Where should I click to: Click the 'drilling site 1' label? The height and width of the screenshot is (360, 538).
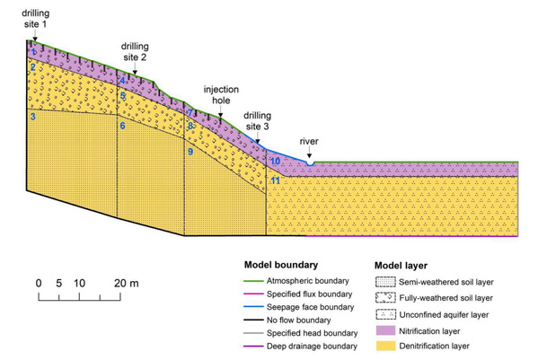pos(35,19)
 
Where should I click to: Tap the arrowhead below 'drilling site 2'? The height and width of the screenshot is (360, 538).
pos(135,73)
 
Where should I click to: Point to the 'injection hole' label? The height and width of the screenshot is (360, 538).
pos(221,94)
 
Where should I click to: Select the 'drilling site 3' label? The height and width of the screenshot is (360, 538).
pos(258,120)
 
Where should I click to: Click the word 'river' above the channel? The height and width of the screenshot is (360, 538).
pos(309,141)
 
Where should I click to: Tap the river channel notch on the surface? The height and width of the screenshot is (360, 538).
pos(310,162)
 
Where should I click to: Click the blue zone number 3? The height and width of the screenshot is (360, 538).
pos(32,117)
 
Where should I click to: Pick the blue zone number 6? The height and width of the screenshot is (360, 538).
pos(122,126)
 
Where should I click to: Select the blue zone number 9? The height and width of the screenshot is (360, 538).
pos(190,151)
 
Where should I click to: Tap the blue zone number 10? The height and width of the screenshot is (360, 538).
pos(275,161)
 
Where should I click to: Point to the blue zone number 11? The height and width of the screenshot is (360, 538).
pos(276,180)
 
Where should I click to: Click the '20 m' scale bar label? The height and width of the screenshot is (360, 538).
pos(127,283)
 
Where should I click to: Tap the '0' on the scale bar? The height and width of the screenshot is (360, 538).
pos(39,283)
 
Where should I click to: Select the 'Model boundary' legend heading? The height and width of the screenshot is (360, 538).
pos(281,265)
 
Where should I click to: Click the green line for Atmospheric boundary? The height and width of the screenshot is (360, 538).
pos(253,281)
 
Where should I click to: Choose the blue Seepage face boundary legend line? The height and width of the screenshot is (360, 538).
pos(253,307)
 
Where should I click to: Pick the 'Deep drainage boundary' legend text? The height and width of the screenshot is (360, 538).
pos(312,346)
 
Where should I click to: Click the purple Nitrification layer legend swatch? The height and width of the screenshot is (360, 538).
pos(385,330)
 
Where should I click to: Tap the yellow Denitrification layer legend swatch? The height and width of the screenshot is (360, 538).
pos(385,346)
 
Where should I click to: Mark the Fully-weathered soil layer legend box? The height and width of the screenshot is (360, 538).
pos(385,297)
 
